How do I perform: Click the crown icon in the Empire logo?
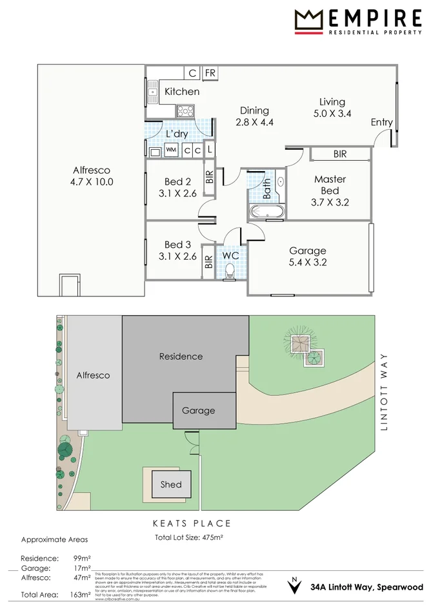(x=308, y=20)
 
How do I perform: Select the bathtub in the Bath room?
(x=265, y=211)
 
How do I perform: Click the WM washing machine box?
(x=171, y=150)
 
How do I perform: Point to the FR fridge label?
(x=210, y=73)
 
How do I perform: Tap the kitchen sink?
(x=152, y=94)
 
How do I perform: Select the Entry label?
(x=381, y=123)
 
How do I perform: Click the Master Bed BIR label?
(x=340, y=154)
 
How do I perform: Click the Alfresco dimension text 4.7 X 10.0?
(x=92, y=181)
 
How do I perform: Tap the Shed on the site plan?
(x=171, y=484)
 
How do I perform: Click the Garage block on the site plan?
(x=198, y=410)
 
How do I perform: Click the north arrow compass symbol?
(x=295, y=586)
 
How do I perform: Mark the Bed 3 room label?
(x=177, y=244)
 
